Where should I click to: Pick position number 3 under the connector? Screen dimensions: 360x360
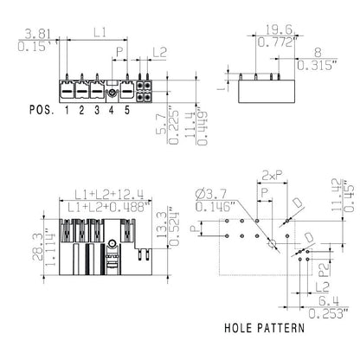click(97, 111)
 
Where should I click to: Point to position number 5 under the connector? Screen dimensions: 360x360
click(127, 111)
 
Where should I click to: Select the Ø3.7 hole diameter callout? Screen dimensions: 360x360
click(211, 193)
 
